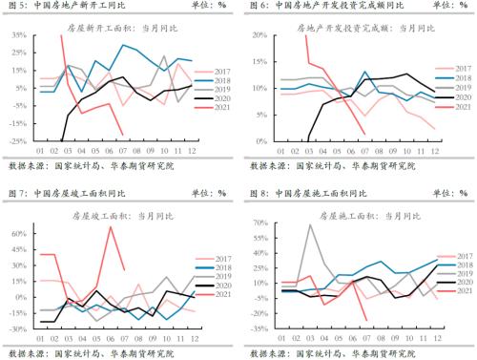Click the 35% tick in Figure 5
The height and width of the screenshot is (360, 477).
coord(18,35)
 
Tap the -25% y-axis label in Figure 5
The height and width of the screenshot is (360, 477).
coord(17,142)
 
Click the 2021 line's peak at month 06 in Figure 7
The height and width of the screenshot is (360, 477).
coord(110,226)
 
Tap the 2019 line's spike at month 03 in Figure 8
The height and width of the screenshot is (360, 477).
coord(310,225)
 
